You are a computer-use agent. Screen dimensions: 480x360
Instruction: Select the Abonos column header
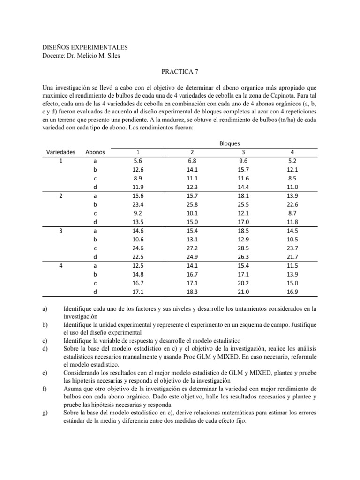[x=95, y=152]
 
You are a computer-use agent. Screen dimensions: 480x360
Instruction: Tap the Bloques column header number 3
[x=242, y=152]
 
